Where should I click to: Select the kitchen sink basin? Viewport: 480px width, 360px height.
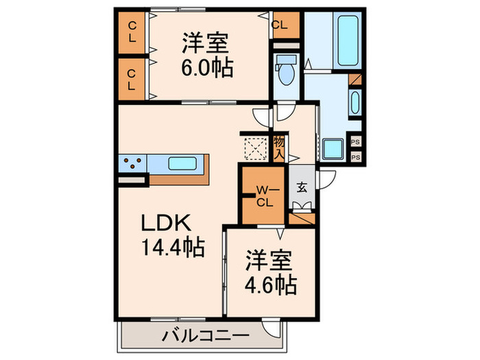(x=183, y=165)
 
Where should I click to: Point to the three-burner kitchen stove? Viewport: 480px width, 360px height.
(x=134, y=165)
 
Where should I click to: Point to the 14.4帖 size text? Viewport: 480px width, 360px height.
(x=173, y=247)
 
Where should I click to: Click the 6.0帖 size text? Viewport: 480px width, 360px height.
(x=207, y=68)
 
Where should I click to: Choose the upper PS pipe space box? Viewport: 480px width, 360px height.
(x=355, y=142)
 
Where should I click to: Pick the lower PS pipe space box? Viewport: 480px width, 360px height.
(x=355, y=156)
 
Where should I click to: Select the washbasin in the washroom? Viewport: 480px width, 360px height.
(x=354, y=103)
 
